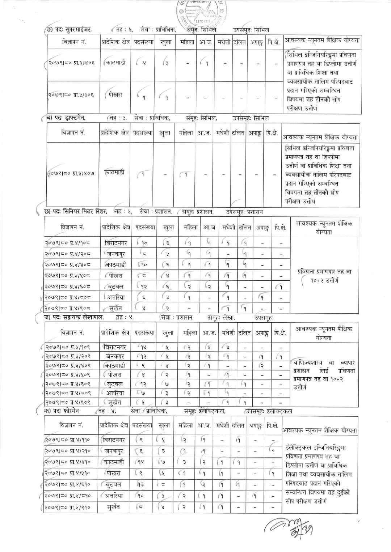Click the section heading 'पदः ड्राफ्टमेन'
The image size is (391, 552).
71,118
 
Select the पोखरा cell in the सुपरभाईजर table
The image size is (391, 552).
115,95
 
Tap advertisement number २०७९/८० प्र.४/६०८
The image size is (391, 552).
68,286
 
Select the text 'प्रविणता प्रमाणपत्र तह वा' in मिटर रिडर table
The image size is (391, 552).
324,271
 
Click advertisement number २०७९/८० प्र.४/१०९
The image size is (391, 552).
68,347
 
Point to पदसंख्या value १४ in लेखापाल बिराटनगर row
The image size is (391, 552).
143,347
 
